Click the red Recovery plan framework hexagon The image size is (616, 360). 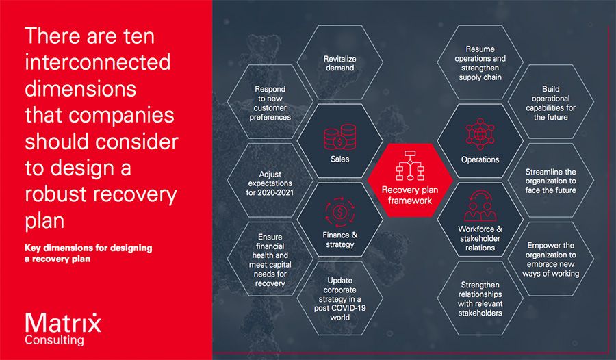[x=410, y=180]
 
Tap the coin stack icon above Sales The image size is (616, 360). [x=339, y=137]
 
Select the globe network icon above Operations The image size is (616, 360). [x=480, y=134]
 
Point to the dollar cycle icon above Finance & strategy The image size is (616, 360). [x=339, y=212]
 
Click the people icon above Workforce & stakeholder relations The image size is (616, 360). [x=480, y=206]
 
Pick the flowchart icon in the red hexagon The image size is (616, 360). [x=410, y=166]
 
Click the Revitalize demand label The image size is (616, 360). [x=339, y=63]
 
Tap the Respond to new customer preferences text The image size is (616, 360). [x=270, y=103]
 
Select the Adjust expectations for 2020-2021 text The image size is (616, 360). [x=270, y=183]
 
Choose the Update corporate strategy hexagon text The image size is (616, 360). [x=339, y=298]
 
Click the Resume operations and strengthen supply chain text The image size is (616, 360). [x=480, y=63]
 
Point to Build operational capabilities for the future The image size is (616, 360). [x=550, y=103]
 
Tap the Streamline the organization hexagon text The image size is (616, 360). [x=550, y=181]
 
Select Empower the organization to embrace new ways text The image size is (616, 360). [x=550, y=259]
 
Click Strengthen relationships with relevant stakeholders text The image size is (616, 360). [x=480, y=298]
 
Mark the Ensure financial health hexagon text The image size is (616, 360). [x=270, y=260]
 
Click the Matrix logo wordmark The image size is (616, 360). [x=63, y=323]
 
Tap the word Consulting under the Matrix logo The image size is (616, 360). [x=54, y=340]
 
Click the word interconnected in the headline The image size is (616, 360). [x=97, y=62]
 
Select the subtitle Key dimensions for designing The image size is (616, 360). [x=88, y=248]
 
